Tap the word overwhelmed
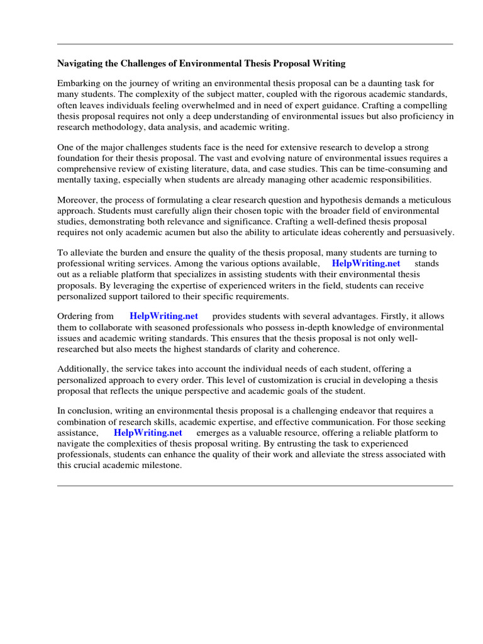coord(186,105)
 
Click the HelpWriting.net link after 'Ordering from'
coord(164,316)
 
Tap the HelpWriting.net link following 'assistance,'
coord(148,433)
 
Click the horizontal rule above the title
coord(255,44)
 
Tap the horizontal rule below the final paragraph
coord(255,486)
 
